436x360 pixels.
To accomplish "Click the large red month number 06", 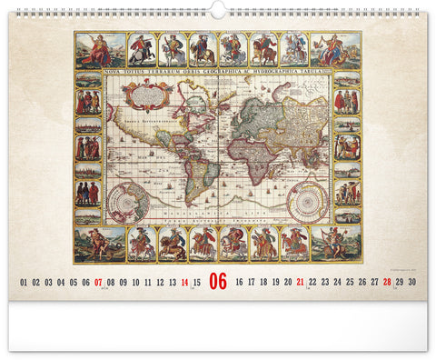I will point(218,281).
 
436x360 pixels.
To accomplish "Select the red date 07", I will point(99,283).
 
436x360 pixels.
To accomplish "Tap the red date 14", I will point(184,283).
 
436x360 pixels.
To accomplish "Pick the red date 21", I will point(300,283).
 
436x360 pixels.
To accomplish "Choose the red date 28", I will point(387,283).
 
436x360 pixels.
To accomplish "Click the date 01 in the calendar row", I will point(25,283).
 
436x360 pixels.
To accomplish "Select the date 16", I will point(239,283).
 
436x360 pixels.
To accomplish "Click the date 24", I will point(337,283).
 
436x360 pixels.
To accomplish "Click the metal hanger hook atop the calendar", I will point(218,8).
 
